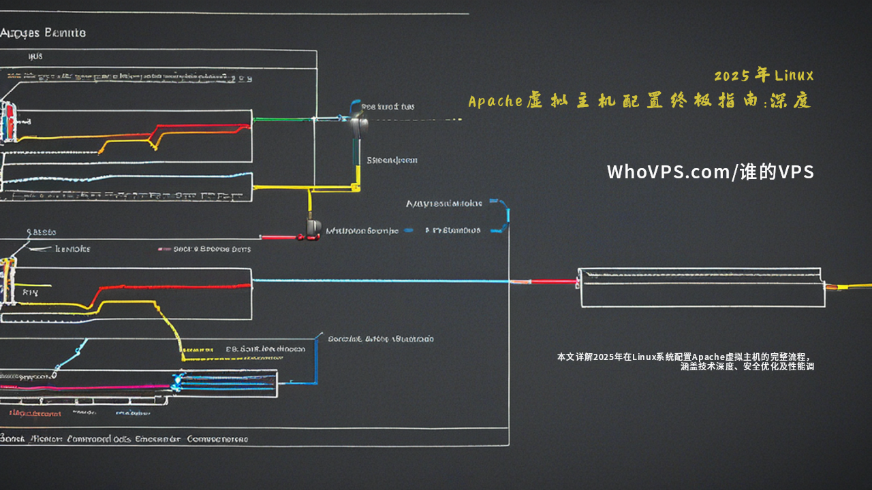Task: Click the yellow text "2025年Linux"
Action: point(764,76)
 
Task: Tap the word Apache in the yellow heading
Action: point(495,101)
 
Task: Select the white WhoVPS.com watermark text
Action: point(710,172)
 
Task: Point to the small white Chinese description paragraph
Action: point(685,361)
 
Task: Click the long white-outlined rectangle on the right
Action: point(702,288)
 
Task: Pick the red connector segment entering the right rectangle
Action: point(553,281)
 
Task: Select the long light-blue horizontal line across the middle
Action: point(381,280)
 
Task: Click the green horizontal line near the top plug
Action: point(283,119)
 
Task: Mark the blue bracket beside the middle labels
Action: point(505,216)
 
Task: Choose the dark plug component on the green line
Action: point(359,124)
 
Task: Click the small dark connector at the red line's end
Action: point(313,227)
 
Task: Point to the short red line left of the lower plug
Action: point(279,237)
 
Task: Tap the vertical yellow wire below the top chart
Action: point(310,201)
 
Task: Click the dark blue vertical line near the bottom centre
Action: point(317,361)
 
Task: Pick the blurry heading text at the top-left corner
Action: point(43,33)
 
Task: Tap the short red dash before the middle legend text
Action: point(165,249)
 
